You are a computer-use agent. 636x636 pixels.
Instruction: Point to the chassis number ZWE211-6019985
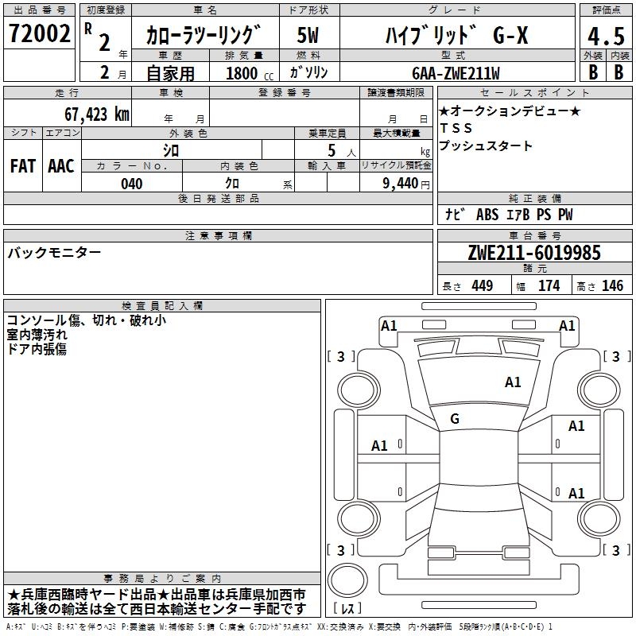tap(534, 253)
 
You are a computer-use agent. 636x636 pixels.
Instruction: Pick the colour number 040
tap(132, 184)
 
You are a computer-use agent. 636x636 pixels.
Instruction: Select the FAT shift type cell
tap(23, 166)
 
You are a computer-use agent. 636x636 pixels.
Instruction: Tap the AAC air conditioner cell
tap(61, 166)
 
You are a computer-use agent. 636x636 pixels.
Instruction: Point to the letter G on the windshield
tap(455, 419)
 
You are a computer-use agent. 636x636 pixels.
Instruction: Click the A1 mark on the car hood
tap(513, 382)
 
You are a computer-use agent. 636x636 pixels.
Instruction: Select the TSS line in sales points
tap(456, 128)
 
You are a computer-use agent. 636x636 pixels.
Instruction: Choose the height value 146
tap(612, 286)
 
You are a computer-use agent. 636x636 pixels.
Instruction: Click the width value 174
tap(549, 286)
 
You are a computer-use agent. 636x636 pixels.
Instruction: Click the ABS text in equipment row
tap(487, 215)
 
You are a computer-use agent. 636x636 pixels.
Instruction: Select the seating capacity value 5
tap(329, 149)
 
